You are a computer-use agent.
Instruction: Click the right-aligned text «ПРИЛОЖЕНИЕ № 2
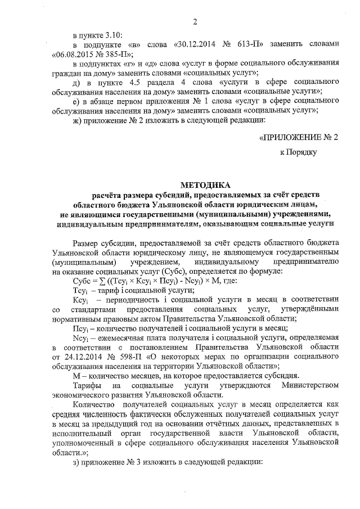298,137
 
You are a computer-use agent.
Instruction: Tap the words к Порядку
299,152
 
